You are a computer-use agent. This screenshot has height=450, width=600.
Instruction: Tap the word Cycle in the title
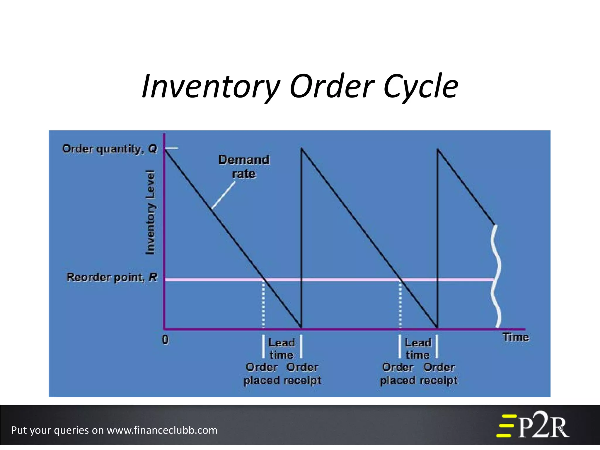point(421,87)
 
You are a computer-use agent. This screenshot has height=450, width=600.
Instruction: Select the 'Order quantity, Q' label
point(110,149)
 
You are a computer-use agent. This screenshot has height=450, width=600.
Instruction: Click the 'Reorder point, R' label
point(112,277)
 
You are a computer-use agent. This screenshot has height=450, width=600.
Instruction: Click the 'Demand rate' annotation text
point(244,166)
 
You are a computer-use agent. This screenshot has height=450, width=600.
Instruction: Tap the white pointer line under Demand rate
point(223,195)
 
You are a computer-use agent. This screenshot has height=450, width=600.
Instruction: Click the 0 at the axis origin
point(166,340)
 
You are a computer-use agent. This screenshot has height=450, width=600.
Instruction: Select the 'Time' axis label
point(516,337)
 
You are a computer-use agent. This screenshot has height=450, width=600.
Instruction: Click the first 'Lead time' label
point(281,349)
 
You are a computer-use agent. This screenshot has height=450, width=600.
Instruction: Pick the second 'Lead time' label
point(418,349)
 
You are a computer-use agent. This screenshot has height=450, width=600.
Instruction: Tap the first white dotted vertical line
point(263,305)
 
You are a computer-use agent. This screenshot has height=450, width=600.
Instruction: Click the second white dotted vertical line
point(400,305)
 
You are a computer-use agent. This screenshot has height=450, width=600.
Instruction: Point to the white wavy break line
point(496,275)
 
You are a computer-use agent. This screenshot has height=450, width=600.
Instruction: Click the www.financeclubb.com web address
point(162,430)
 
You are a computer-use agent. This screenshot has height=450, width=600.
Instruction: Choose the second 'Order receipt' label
point(439,374)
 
